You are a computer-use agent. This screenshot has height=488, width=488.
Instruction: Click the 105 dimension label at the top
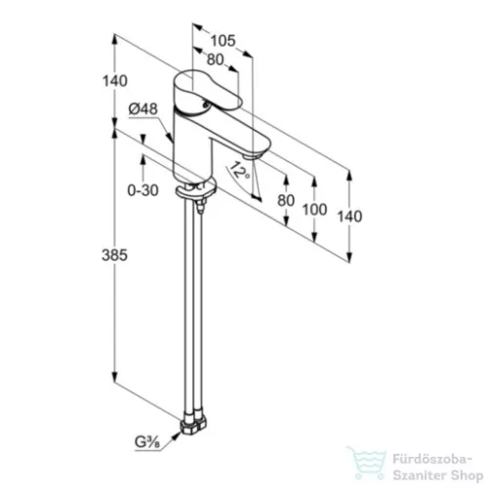[x=223, y=41]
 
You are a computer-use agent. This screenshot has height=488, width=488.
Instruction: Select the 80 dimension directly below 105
[x=216, y=60]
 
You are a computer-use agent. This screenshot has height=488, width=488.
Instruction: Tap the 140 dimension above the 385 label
[x=115, y=81]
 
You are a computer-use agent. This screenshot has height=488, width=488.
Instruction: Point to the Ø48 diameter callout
[x=143, y=109]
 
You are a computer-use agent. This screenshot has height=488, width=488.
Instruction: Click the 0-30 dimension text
[x=142, y=190]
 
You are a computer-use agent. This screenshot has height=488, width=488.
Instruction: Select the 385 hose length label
[x=114, y=255]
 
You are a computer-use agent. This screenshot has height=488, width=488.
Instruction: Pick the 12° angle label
[x=239, y=170]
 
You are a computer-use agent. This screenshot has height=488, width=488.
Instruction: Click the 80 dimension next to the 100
[x=286, y=200]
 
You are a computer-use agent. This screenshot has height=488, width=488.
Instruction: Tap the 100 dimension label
[x=314, y=210]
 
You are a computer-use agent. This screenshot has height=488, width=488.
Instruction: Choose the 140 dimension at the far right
[x=349, y=217]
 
